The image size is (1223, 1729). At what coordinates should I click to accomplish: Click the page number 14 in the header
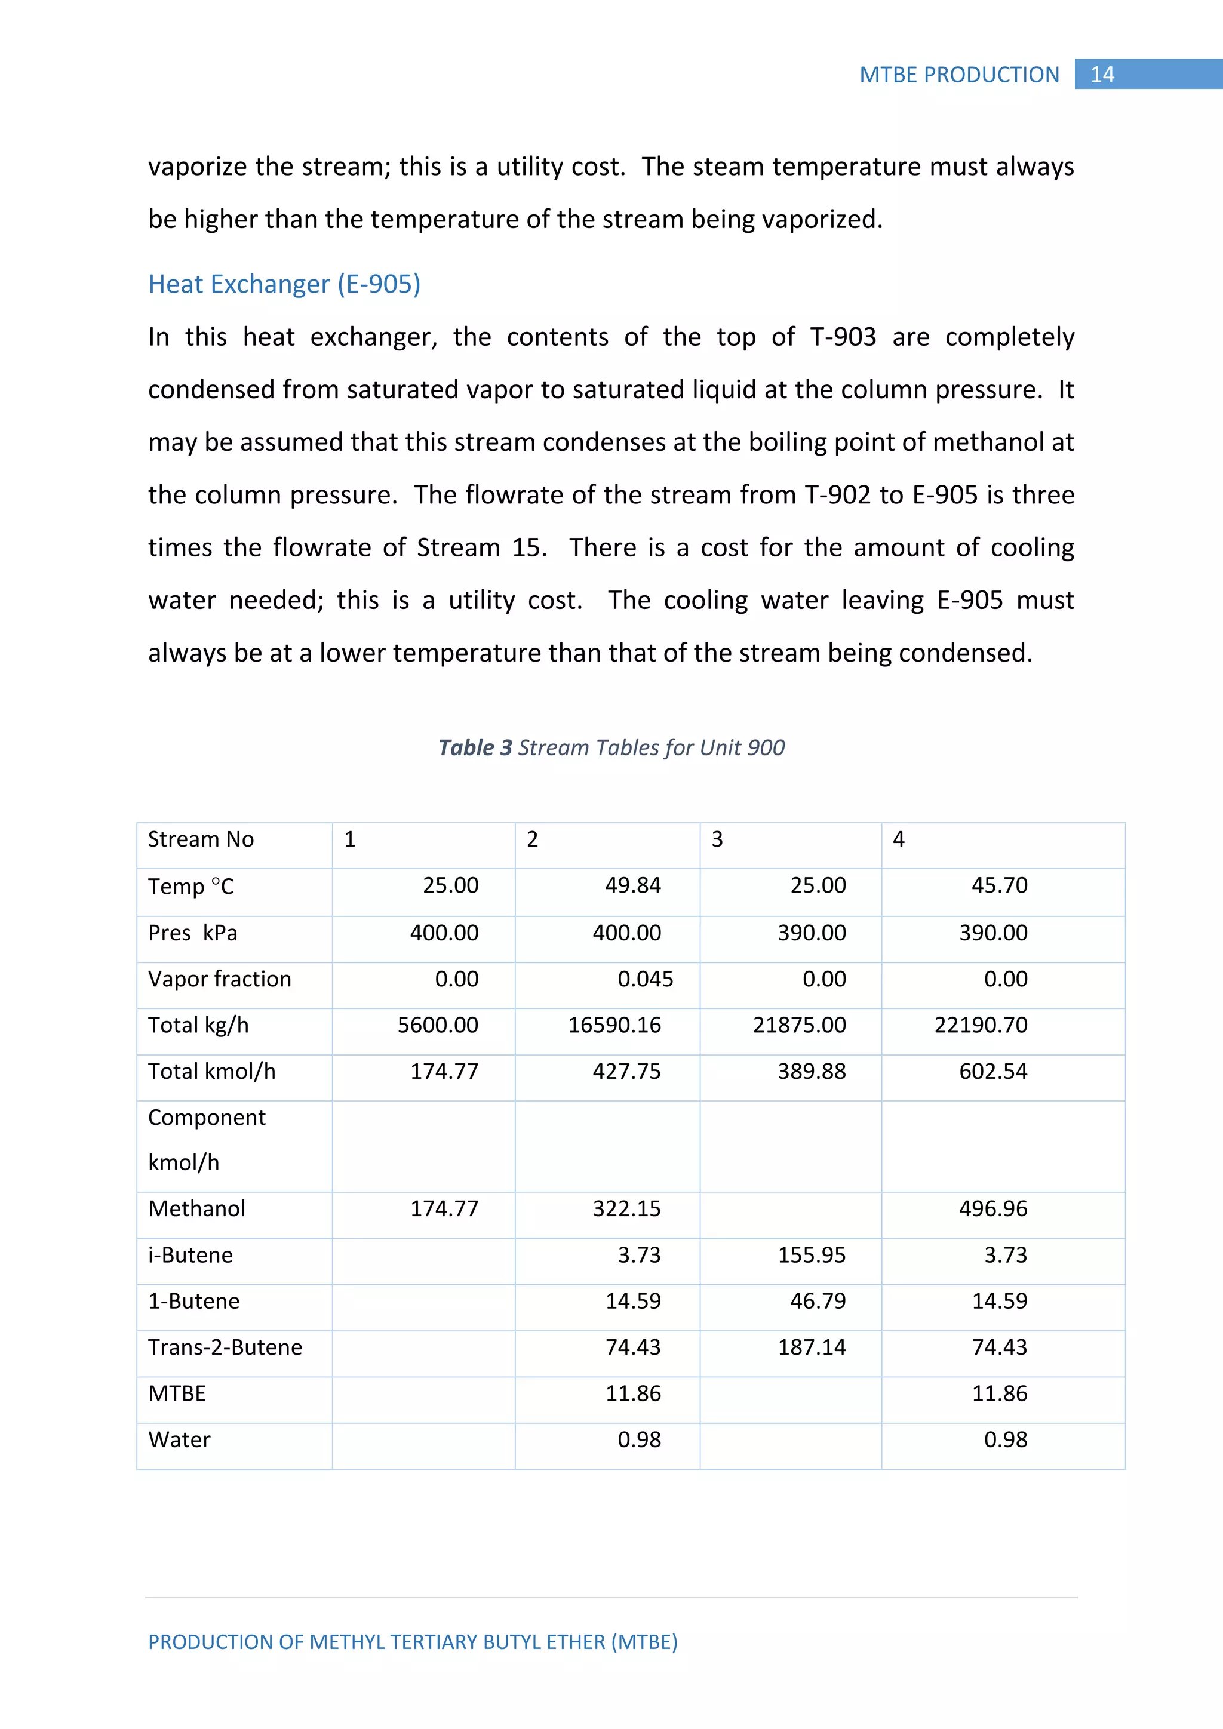click(1102, 75)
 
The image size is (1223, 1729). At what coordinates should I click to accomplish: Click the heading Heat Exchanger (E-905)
click(284, 284)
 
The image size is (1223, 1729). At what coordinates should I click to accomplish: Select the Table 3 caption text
click(611, 747)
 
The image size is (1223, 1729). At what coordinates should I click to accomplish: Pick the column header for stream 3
click(717, 839)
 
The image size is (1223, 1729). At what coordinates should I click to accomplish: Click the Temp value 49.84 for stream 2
click(632, 885)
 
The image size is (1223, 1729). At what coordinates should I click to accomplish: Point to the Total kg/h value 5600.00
click(438, 1025)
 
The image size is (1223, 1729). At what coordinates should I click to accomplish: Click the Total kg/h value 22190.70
click(981, 1025)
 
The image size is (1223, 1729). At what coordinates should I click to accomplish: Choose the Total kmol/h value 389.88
click(811, 1071)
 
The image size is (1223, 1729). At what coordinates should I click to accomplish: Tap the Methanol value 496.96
click(992, 1208)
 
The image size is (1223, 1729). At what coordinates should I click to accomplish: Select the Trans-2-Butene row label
click(225, 1347)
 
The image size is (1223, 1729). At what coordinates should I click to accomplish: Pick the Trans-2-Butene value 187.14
click(811, 1347)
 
